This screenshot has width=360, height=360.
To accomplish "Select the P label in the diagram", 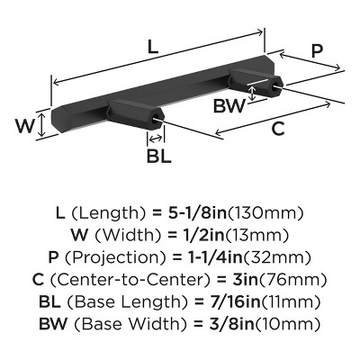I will point(317,51).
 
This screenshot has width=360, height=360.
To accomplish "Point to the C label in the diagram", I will point(278,128).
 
